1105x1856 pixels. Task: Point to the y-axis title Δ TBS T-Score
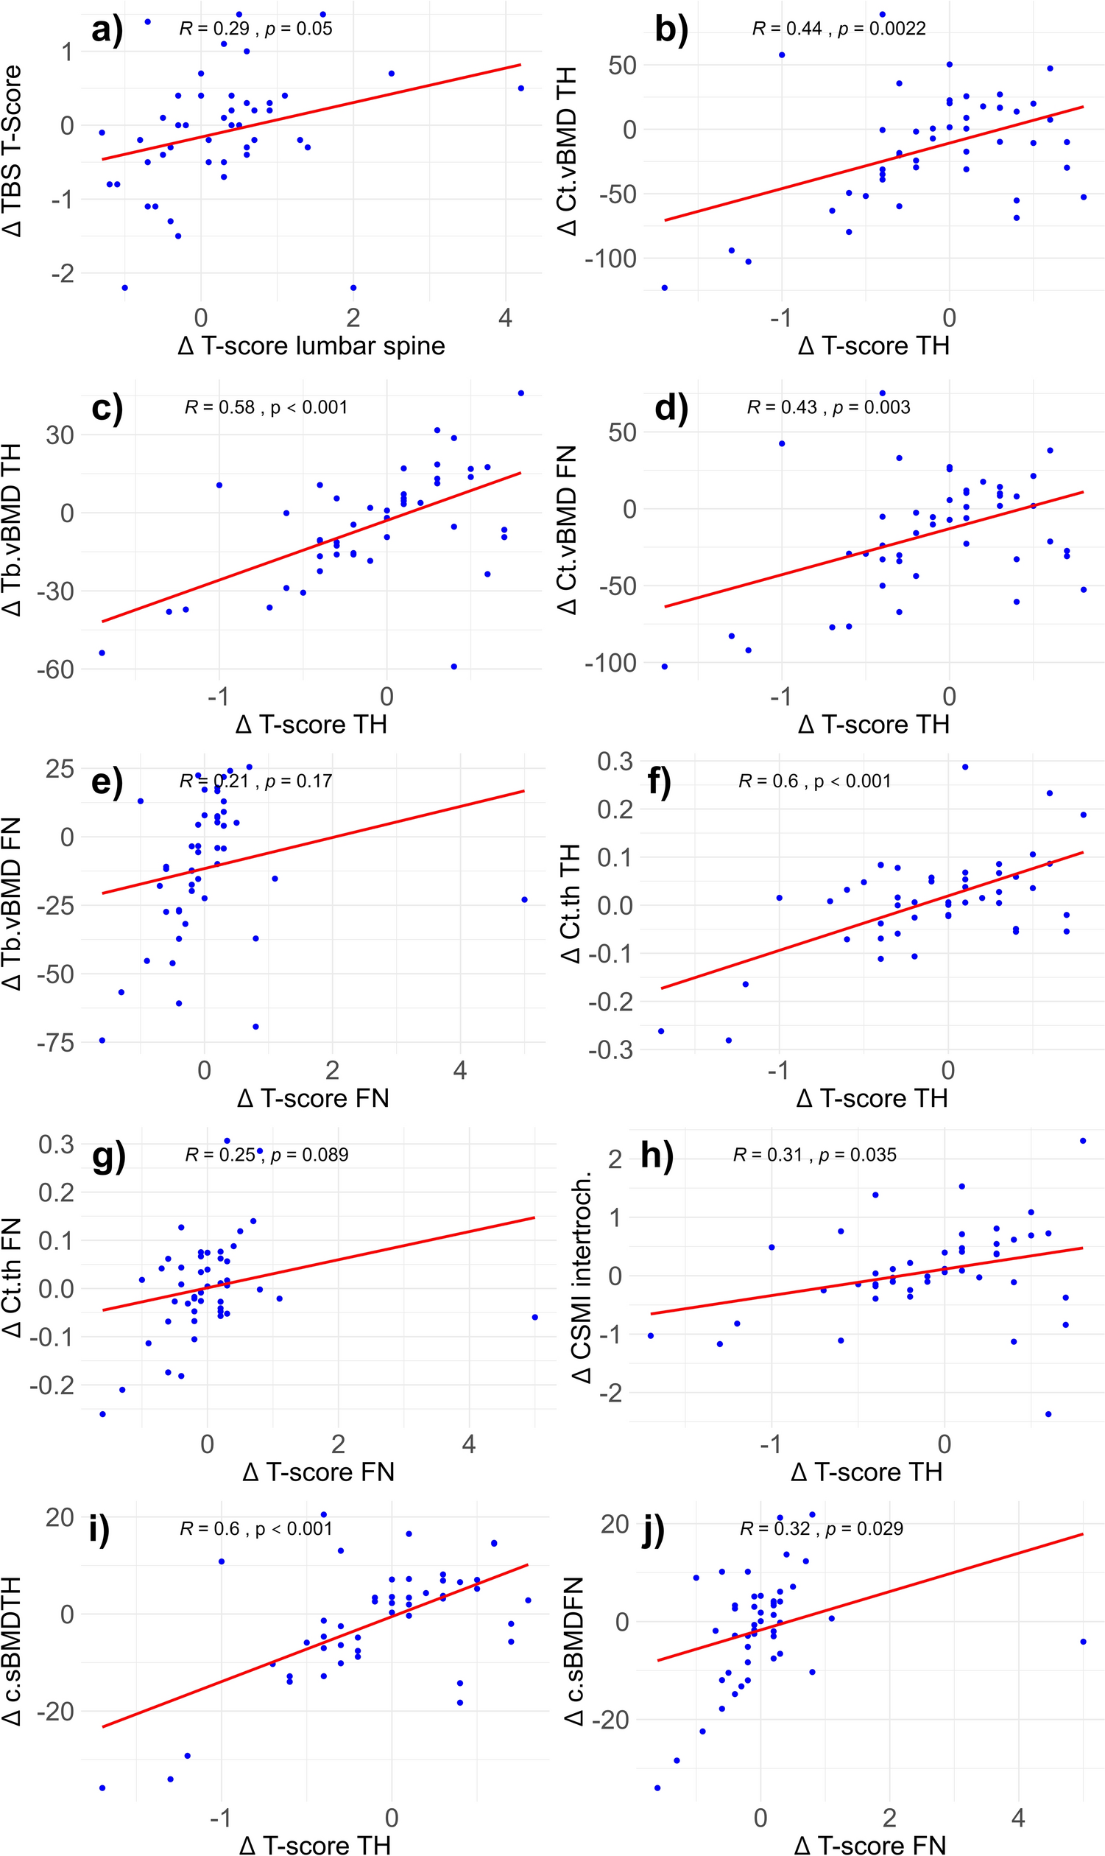[x=13, y=151]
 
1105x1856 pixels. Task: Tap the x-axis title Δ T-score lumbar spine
[x=311, y=345]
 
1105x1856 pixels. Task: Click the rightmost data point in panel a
[x=521, y=88]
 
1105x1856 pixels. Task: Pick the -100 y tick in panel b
[x=610, y=259]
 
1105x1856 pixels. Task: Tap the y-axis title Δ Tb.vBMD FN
[x=13, y=904]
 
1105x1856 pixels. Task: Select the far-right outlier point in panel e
[x=524, y=900]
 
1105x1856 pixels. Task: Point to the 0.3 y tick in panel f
[x=615, y=761]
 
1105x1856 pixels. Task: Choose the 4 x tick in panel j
[x=1018, y=1817]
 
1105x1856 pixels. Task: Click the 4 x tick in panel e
[x=460, y=1070]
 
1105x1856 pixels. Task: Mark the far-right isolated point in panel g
[x=534, y=1317]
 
